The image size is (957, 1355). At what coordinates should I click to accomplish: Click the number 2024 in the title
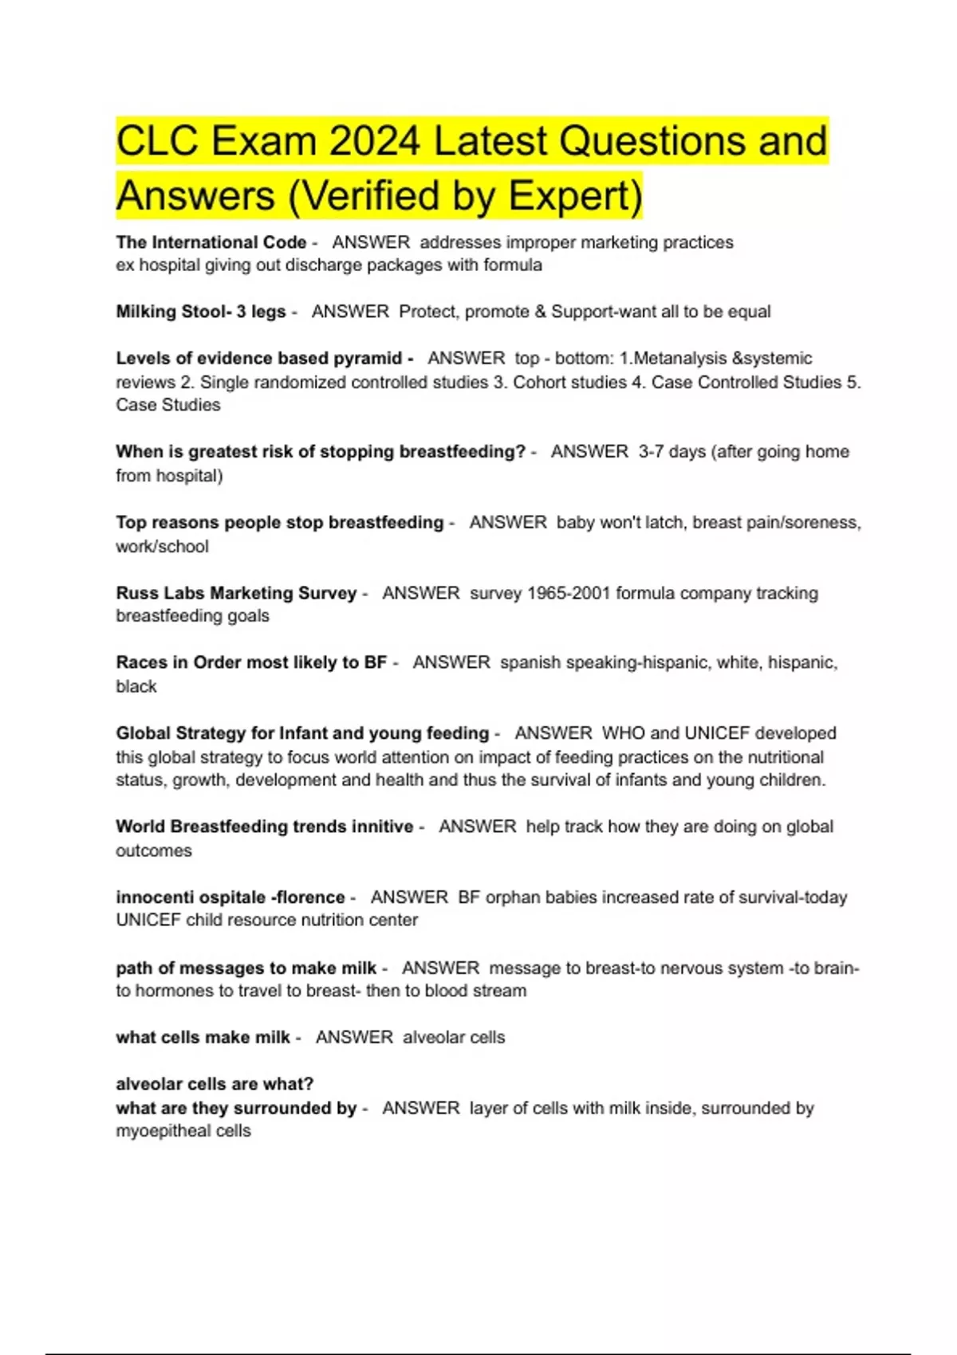point(374,142)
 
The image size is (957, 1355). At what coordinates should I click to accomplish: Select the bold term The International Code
point(211,242)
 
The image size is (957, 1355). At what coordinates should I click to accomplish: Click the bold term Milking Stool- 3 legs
point(201,312)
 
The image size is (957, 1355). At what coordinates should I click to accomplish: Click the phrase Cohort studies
point(569,383)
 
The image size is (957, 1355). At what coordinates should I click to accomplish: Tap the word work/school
point(162,547)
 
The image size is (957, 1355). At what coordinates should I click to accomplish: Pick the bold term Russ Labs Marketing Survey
point(236,593)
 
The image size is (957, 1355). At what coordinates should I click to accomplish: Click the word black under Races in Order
point(136,686)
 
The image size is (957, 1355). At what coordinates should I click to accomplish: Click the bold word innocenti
point(149,897)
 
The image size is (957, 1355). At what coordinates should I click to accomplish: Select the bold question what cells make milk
point(203,1038)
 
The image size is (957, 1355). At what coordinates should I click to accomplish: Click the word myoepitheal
point(163,1131)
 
